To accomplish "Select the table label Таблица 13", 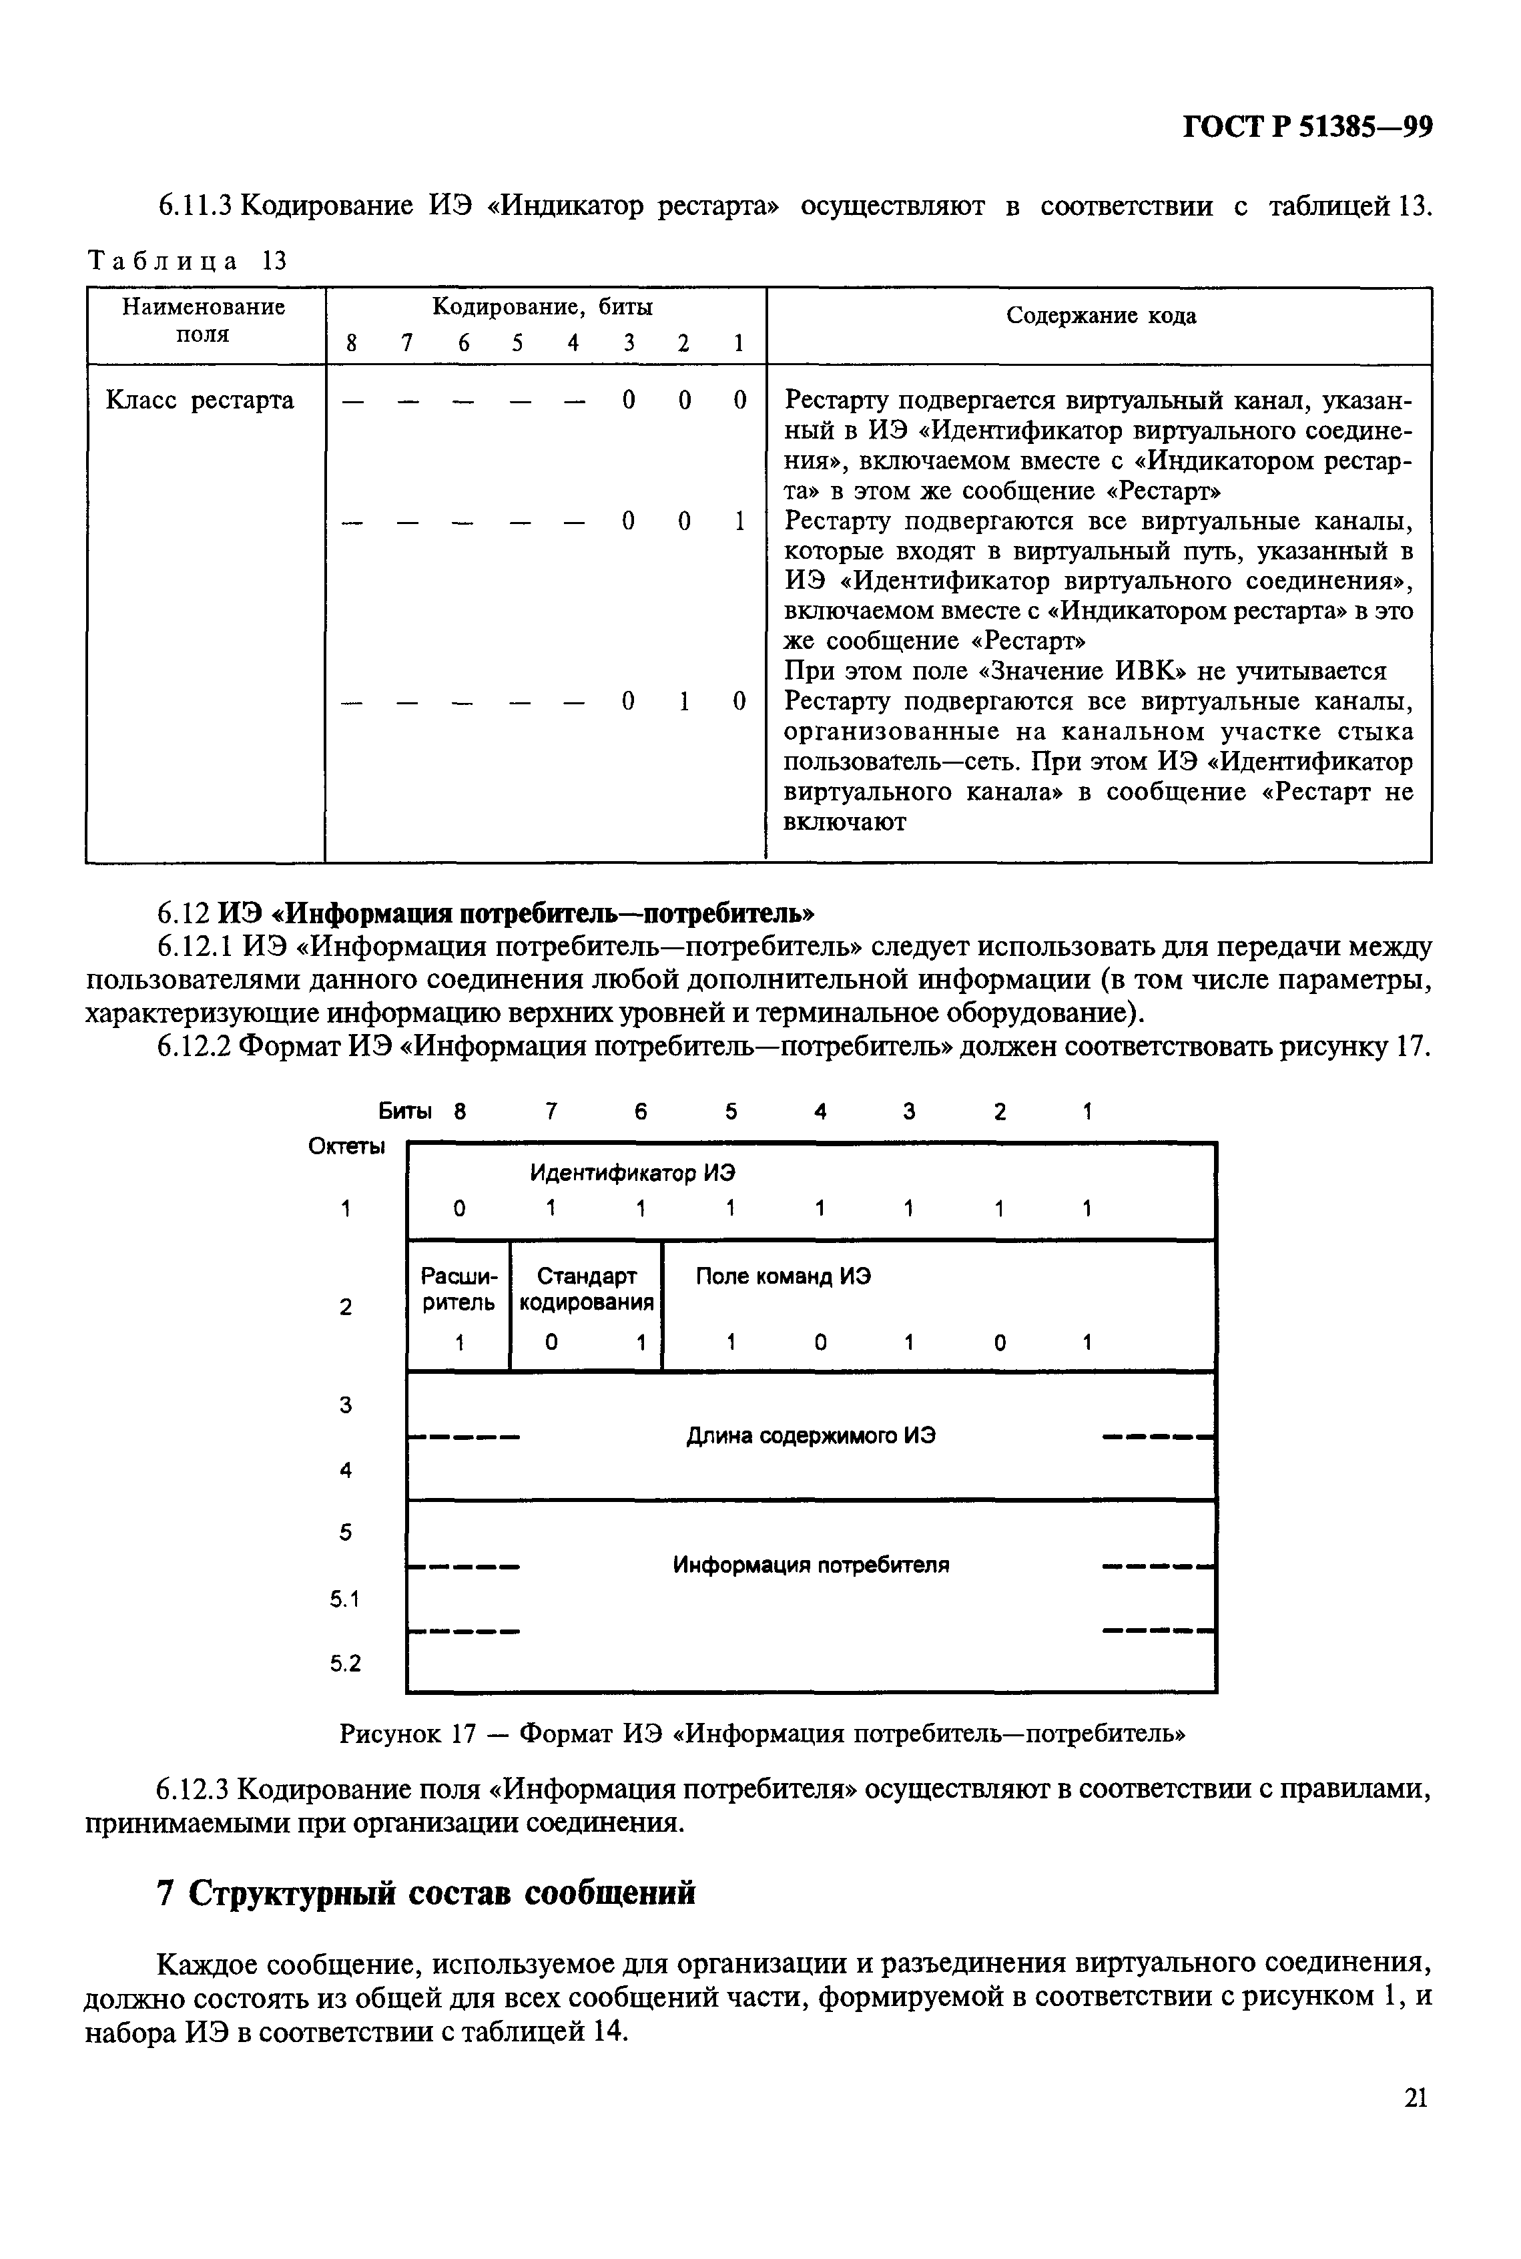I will point(188,261).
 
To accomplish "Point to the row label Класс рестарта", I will point(200,401).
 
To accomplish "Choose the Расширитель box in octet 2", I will point(458,1290).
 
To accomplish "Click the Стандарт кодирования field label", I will point(586,1289).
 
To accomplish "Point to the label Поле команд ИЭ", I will point(783,1276).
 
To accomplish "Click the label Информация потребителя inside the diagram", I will point(811,1565).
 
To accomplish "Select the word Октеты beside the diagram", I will point(346,1146).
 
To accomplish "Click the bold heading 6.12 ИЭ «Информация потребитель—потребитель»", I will point(486,914).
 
